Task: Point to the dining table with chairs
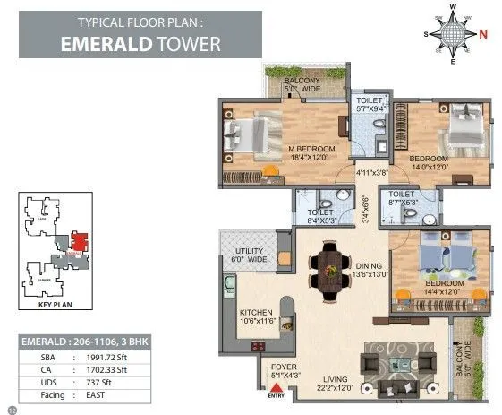[x=328, y=265]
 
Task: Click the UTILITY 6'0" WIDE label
[x=250, y=255]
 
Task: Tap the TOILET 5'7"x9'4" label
[x=369, y=106]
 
